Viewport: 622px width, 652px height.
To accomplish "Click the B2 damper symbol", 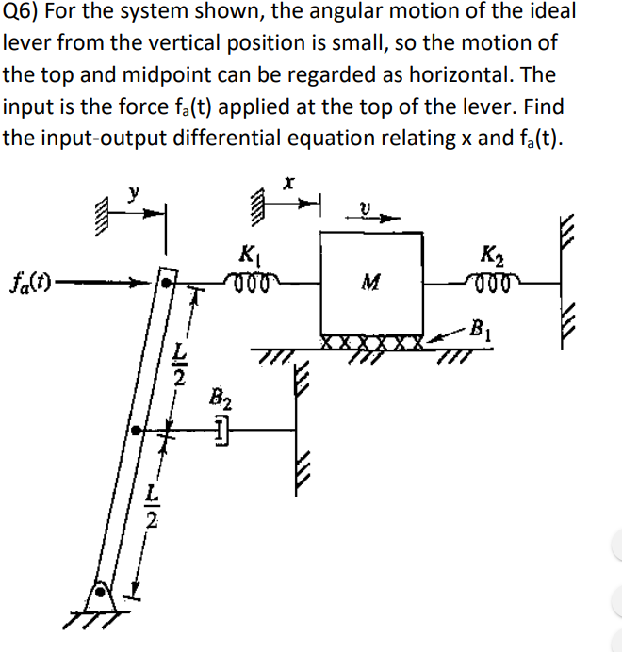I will pyautogui.click(x=219, y=431).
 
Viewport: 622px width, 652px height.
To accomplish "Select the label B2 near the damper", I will pyautogui.click(x=218, y=399).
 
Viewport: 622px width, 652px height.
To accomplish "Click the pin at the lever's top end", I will pyautogui.click(x=167, y=281).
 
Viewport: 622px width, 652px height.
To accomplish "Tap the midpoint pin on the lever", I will pyautogui.click(x=138, y=431).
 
